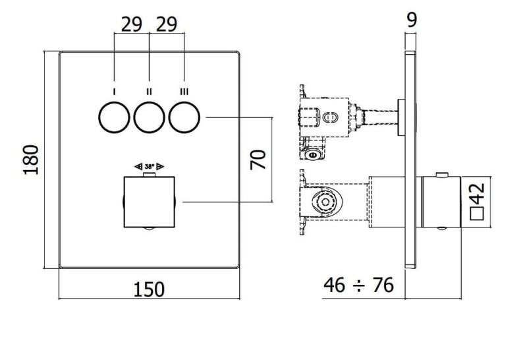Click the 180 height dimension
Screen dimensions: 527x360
pos(30,160)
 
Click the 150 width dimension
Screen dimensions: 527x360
pos(149,289)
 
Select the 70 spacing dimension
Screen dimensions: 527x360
pos(258,160)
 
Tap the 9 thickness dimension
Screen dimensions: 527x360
pos(412,20)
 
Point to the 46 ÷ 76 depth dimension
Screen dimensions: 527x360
pos(358,285)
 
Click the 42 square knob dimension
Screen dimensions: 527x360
pos(477,194)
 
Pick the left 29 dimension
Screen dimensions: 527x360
pos(131,24)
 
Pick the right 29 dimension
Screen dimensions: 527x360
pos(167,24)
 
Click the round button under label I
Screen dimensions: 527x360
pos(114,117)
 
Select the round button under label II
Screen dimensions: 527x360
pos(150,117)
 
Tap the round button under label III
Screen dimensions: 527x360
pos(184,117)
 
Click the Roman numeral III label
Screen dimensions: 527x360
pos(184,91)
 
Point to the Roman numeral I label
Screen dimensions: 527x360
pos(115,91)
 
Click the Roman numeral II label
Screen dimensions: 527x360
pos(150,91)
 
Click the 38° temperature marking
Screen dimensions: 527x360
pos(150,166)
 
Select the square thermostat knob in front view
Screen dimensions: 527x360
pos(150,202)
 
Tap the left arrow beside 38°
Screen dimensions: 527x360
pos(138,166)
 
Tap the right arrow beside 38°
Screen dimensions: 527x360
pos(160,166)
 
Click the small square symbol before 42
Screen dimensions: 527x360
pos(477,214)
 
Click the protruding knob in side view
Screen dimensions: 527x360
pos(441,202)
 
